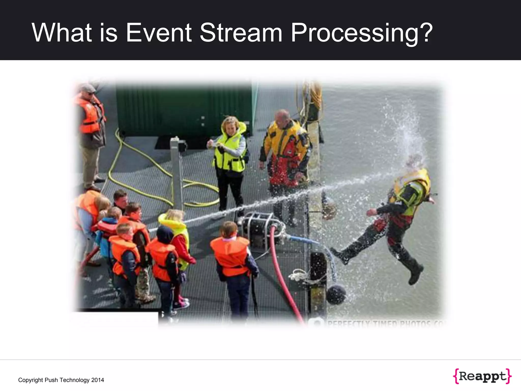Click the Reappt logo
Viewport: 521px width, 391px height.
tap(482, 376)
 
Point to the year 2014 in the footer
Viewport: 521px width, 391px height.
tap(98, 380)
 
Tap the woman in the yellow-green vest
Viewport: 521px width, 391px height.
tap(229, 158)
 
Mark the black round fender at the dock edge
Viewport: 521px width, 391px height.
tap(336, 294)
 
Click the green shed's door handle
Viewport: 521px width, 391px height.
tap(203, 121)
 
